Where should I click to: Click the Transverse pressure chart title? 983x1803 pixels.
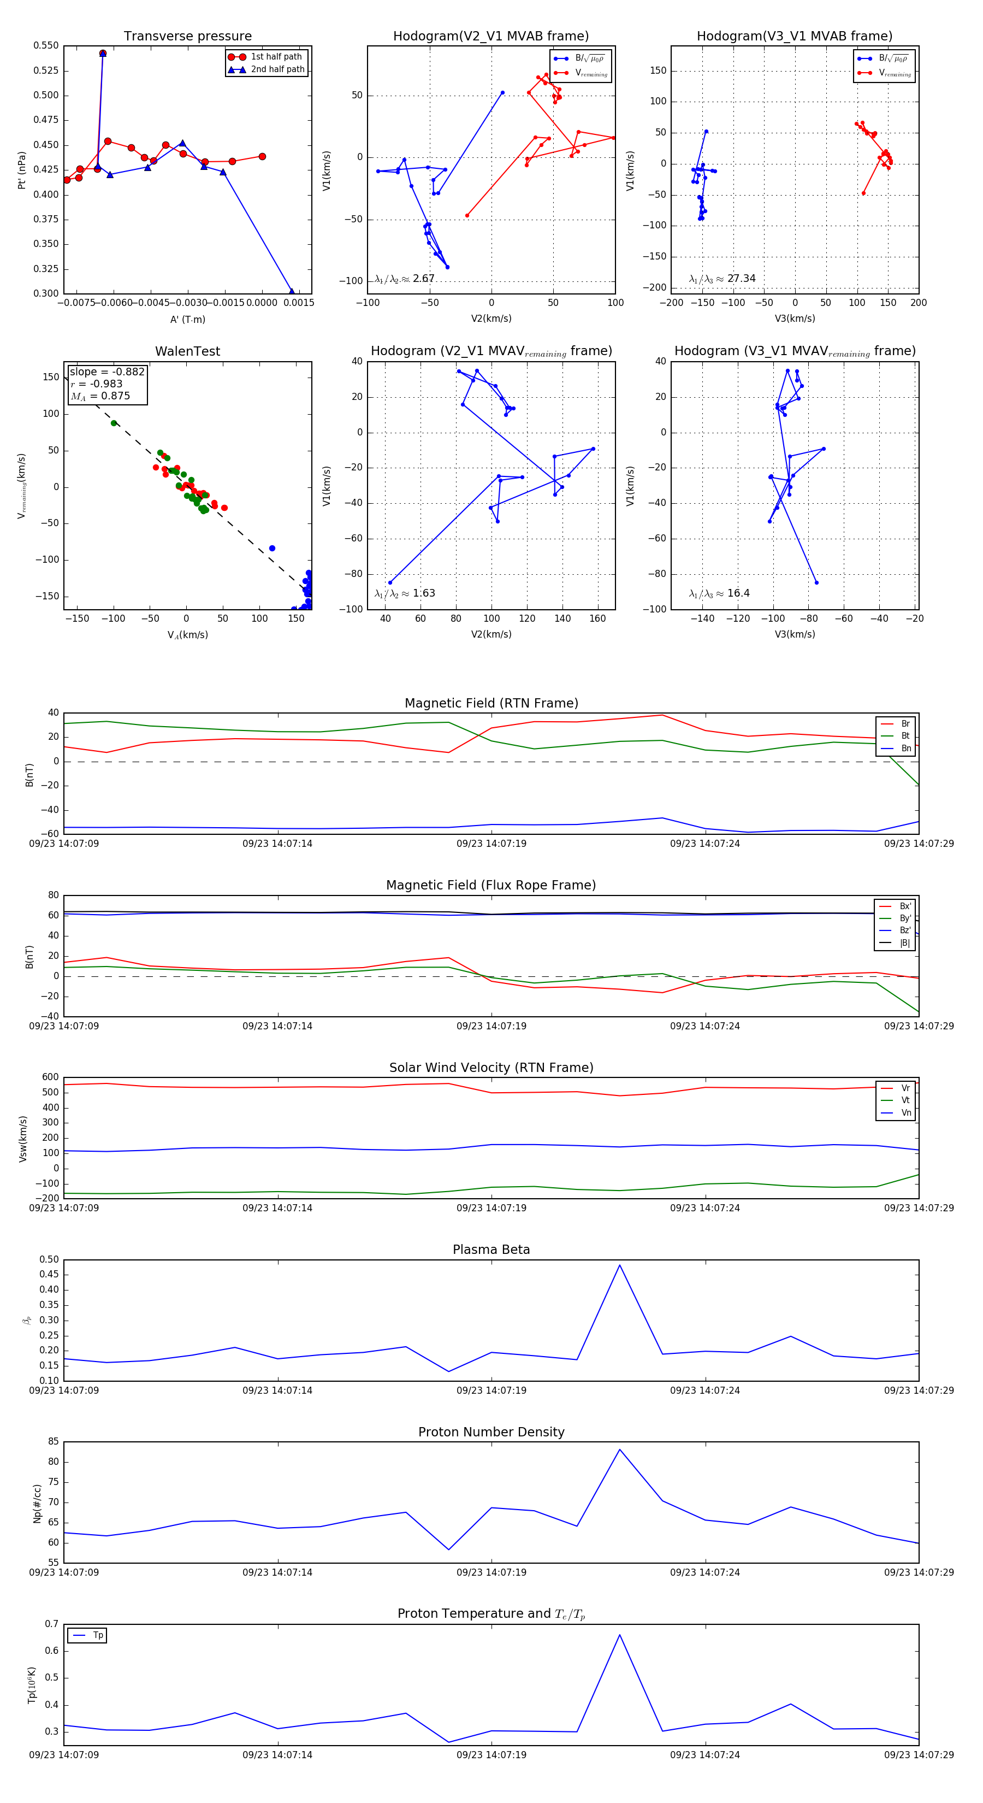coord(187,37)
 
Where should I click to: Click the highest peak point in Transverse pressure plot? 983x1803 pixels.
coord(103,53)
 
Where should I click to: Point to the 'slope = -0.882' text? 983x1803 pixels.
coord(106,372)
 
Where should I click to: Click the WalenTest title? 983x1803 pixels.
coord(187,351)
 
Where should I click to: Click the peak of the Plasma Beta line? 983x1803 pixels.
coord(619,1265)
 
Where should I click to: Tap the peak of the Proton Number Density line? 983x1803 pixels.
coord(619,1450)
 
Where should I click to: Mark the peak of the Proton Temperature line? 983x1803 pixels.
coord(619,1635)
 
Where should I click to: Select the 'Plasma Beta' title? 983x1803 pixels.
coord(491,1250)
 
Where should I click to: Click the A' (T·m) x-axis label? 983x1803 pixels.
coord(187,320)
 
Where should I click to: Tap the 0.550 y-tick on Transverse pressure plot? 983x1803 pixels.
coord(46,45)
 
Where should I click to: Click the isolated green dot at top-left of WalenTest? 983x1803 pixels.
coord(114,423)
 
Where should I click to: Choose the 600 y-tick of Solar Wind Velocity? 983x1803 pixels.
coord(50,1078)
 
